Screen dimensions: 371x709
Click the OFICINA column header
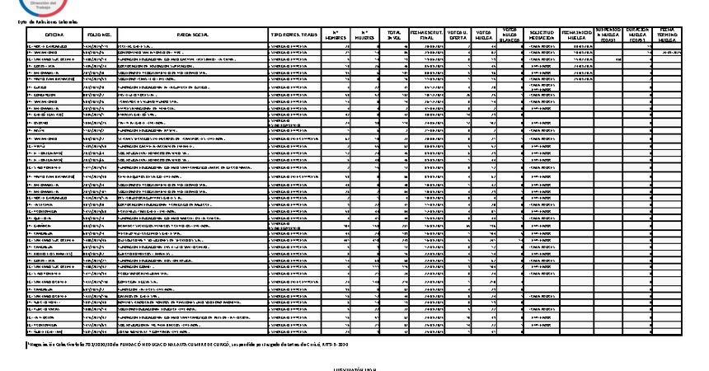point(54,35)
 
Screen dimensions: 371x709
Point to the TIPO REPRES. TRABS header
point(294,35)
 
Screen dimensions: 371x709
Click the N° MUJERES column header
point(364,35)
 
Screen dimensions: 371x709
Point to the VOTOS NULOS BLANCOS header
point(510,35)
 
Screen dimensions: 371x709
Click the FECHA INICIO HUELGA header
point(576,35)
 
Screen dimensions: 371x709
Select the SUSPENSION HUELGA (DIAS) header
point(608,35)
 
